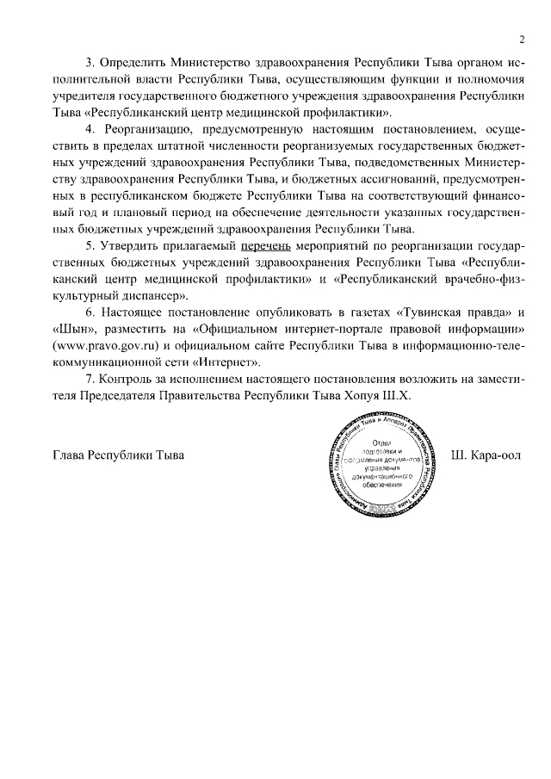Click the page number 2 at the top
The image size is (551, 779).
(x=522, y=40)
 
